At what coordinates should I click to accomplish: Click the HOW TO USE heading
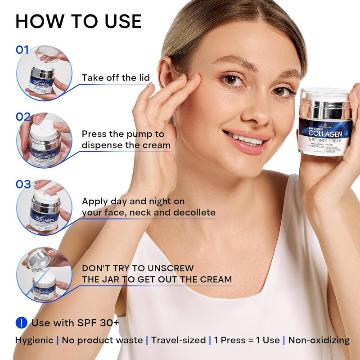pyautogui.click(x=78, y=22)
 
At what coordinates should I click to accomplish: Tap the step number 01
pyautogui.click(x=22, y=50)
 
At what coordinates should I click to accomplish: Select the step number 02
pyautogui.click(x=23, y=117)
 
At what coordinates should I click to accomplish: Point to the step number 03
pyautogui.click(x=23, y=184)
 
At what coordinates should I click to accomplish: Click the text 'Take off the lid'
pyautogui.click(x=116, y=78)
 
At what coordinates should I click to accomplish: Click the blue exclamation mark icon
pyautogui.click(x=21, y=323)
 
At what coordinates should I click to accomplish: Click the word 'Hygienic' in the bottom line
pyautogui.click(x=34, y=340)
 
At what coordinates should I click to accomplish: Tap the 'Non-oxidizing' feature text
pyautogui.click(x=319, y=340)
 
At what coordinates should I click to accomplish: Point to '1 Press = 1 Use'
pyautogui.click(x=247, y=340)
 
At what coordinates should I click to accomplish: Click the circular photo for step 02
pyautogui.click(x=44, y=140)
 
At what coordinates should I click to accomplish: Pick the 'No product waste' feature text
pyautogui.click(x=102, y=340)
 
